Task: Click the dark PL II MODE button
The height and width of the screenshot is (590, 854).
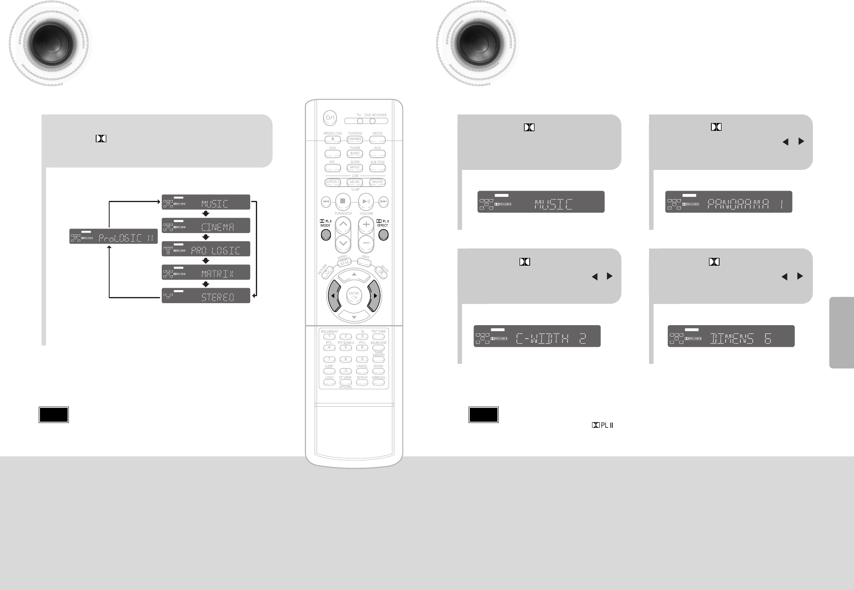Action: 326,235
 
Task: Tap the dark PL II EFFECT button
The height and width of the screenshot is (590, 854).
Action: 383,235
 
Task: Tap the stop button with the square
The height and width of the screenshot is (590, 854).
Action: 343,201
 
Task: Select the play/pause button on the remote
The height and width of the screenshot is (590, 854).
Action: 366,201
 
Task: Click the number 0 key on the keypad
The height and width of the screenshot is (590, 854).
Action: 346,371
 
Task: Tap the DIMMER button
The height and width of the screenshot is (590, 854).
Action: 355,139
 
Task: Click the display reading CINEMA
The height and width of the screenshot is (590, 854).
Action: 206,226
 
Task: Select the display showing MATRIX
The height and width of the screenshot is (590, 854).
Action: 206,272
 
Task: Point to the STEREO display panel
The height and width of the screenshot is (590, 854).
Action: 206,295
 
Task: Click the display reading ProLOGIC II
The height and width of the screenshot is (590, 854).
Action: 113,237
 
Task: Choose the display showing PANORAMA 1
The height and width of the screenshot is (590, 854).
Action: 729,202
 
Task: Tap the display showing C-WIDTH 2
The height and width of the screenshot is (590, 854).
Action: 537,336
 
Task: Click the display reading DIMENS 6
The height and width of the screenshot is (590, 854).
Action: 731,336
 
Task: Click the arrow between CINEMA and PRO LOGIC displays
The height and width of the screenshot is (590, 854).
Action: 206,237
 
